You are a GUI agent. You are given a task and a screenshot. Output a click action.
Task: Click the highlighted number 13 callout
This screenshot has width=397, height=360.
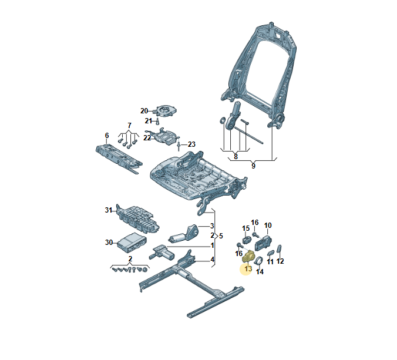(247, 269)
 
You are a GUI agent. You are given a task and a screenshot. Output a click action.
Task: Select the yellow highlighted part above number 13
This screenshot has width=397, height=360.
(249, 257)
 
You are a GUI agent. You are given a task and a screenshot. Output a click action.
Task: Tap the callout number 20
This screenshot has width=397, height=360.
(144, 111)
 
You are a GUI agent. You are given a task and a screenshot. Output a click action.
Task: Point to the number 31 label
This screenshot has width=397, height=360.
(108, 210)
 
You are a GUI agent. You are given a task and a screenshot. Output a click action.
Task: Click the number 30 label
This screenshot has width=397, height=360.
(108, 242)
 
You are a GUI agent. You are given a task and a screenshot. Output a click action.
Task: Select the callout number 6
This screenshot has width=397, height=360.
(106, 136)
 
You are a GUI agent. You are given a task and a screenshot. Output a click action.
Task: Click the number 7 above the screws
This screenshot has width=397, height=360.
(129, 126)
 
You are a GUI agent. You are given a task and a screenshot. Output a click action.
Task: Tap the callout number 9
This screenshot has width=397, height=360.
(253, 166)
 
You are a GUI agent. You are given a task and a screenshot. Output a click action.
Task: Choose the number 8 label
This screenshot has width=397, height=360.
(235, 156)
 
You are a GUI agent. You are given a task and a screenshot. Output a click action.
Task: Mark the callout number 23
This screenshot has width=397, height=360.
(191, 144)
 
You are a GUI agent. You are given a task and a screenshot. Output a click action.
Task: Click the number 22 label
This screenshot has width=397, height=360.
(147, 138)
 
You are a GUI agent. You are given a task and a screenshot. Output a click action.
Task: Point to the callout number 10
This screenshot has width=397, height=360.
(268, 226)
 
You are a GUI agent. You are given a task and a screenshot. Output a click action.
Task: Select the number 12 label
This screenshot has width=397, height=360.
(280, 261)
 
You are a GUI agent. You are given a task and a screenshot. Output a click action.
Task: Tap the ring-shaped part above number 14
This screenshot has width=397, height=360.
(259, 254)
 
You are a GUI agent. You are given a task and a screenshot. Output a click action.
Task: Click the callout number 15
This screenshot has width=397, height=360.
(246, 228)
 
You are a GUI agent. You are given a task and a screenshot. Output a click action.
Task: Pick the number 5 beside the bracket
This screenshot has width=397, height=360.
(220, 235)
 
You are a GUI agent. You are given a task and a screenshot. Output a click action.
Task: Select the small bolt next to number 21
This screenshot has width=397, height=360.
(157, 121)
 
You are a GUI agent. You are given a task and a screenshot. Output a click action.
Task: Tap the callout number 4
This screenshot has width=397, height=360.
(212, 260)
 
